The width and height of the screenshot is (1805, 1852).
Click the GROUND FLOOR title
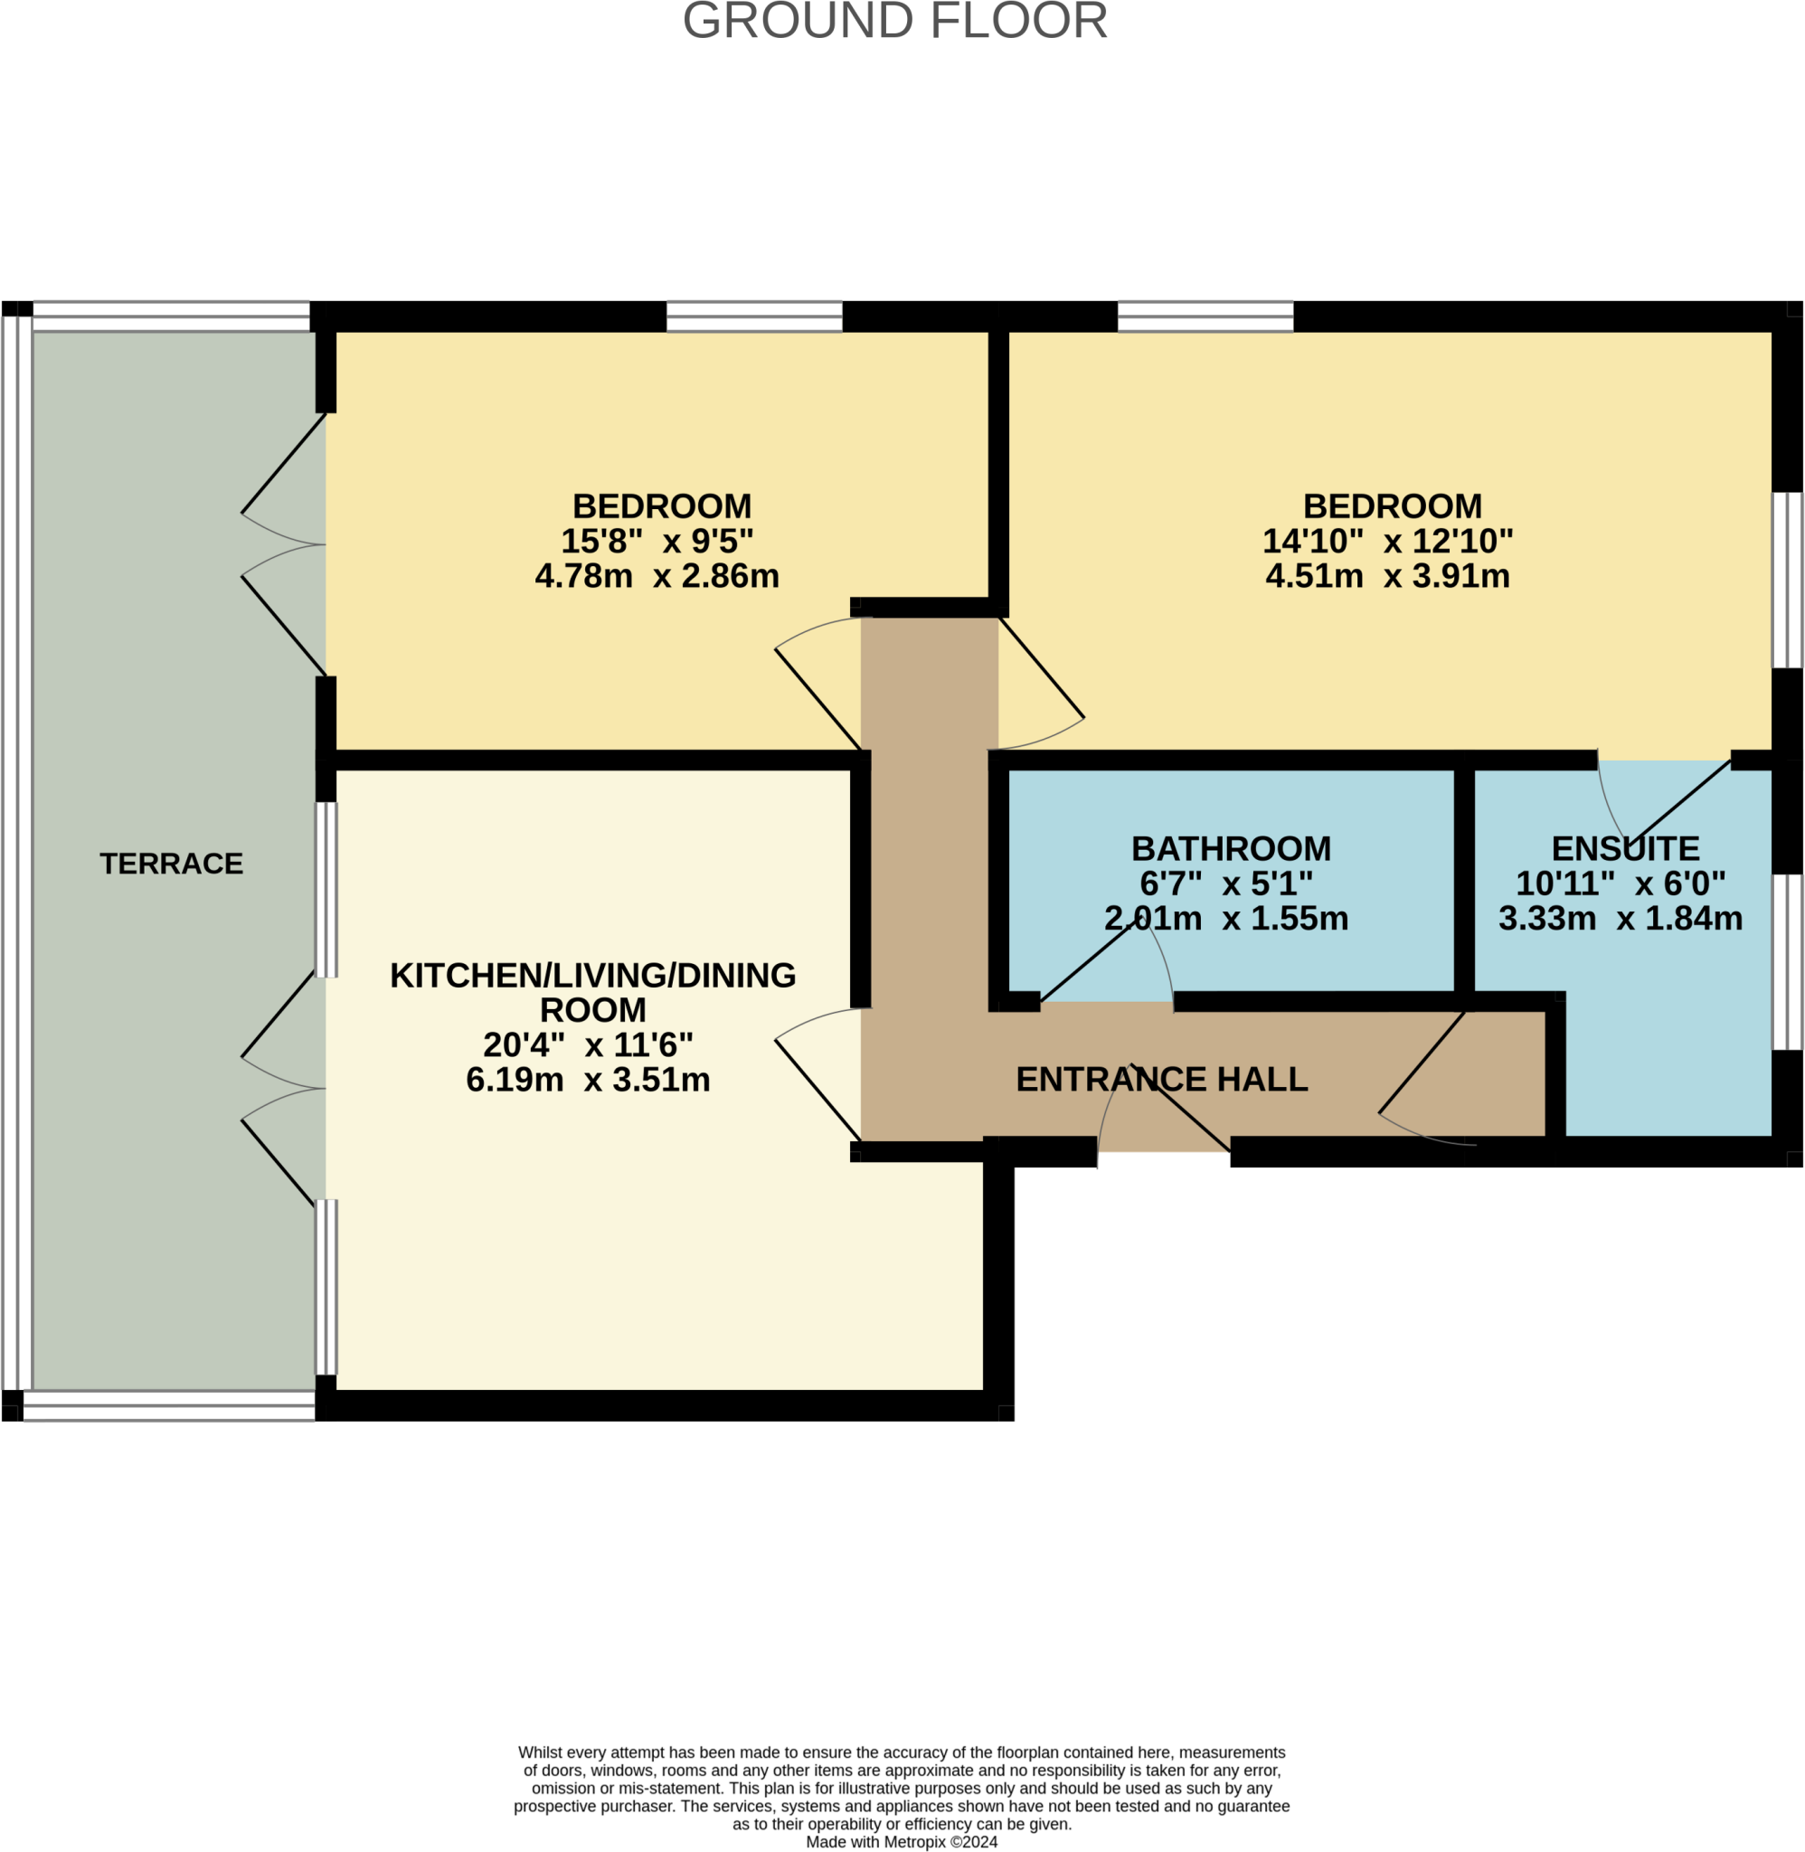coord(895,21)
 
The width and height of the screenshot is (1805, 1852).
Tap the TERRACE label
coord(172,864)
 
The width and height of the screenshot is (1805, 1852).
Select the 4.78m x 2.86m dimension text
coord(657,576)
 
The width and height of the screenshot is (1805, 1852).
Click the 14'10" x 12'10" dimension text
coord(1387,541)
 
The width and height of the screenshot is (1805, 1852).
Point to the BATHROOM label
coord(1231,848)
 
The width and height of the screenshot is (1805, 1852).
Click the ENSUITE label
coord(1625,848)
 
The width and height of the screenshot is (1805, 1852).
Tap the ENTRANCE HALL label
coord(1161,1079)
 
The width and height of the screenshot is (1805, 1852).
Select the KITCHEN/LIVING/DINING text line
coord(592,976)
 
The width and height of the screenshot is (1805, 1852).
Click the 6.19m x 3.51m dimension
coord(588,1080)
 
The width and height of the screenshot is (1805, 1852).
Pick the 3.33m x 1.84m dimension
coord(1621,919)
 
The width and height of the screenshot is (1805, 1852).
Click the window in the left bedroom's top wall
coord(754,317)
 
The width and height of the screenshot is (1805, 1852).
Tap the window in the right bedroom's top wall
coord(1205,317)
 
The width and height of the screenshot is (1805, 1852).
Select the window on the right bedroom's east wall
coord(1787,580)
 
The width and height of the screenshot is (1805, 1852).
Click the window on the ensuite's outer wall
coord(1787,962)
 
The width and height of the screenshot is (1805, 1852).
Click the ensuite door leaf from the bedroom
coord(1679,802)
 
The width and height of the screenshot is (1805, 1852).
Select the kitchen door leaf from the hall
coord(817,1090)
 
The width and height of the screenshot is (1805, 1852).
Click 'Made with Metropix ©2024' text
coord(902,1841)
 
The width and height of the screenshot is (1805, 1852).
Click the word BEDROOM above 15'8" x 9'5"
coord(662,506)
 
